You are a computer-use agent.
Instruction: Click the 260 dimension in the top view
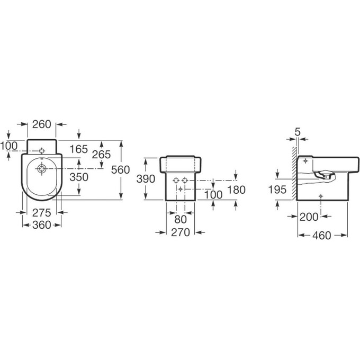click(41, 124)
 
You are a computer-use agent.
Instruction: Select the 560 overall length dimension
click(121, 170)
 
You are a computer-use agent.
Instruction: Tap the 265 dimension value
click(101, 155)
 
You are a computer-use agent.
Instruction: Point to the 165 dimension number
click(79, 149)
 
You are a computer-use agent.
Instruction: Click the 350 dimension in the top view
click(79, 177)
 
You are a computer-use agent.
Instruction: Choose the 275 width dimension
click(41, 213)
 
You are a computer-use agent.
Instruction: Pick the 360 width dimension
click(41, 225)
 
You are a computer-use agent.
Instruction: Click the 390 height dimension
click(146, 178)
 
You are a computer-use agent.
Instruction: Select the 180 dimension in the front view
click(236, 190)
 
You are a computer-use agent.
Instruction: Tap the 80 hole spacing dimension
click(180, 220)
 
